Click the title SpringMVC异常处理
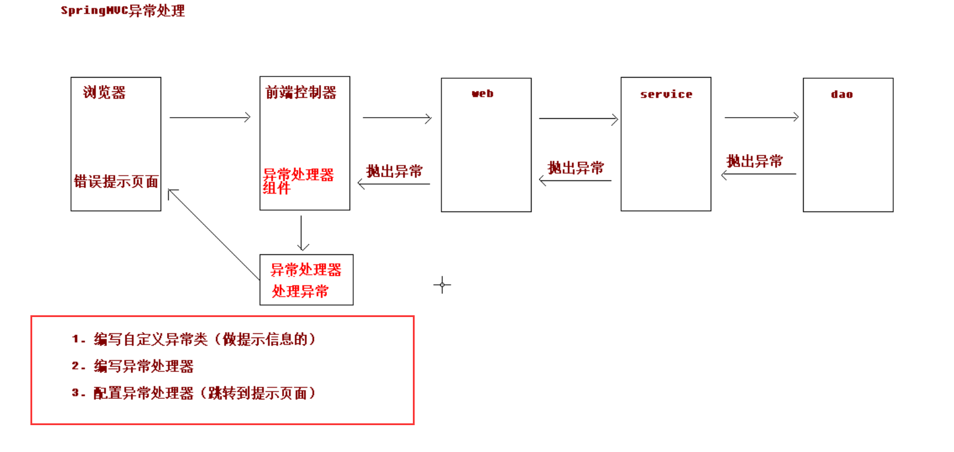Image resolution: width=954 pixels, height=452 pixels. click(x=123, y=11)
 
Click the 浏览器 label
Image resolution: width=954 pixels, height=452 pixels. click(x=104, y=93)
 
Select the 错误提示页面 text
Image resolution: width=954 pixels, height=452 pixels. click(x=116, y=182)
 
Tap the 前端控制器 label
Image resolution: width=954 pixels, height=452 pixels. click(x=301, y=93)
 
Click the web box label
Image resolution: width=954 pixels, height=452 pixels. click(x=483, y=94)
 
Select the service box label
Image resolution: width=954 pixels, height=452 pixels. click(x=666, y=94)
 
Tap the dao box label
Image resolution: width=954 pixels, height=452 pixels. click(x=841, y=94)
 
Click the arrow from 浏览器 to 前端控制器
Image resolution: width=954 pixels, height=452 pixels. click(x=209, y=118)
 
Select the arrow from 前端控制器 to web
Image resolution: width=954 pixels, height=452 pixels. click(x=397, y=118)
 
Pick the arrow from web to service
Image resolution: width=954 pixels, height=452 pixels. click(x=578, y=119)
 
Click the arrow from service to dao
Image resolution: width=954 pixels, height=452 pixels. click(x=761, y=118)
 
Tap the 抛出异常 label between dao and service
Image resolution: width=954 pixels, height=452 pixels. click(x=754, y=161)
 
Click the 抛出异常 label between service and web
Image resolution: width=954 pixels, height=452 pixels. click(x=576, y=168)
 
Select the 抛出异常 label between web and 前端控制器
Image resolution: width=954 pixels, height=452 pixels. click(x=394, y=171)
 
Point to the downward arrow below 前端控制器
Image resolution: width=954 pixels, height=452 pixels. click(x=302, y=233)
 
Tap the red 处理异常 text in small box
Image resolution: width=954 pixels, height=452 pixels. click(x=300, y=291)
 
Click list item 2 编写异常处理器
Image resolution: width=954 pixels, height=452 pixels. click(x=143, y=366)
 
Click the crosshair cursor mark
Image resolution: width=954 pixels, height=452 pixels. click(x=442, y=285)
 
